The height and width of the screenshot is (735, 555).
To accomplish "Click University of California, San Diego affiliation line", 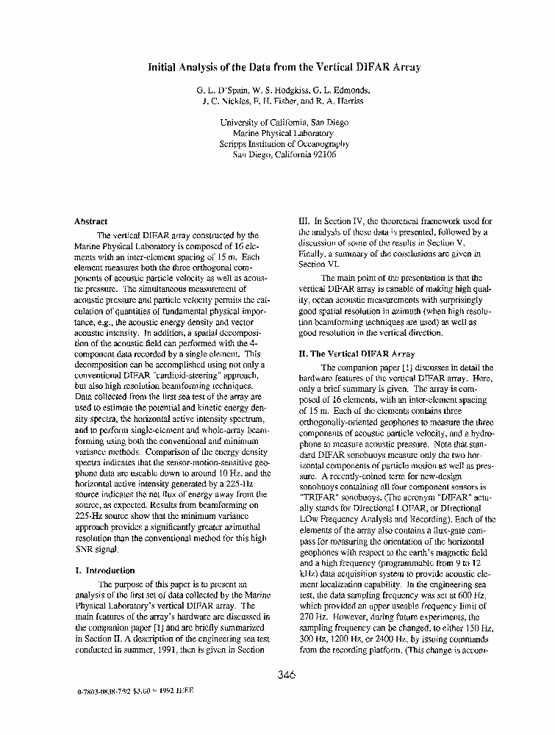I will click(284, 123).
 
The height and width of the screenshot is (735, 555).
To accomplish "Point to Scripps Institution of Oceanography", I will click(284, 144).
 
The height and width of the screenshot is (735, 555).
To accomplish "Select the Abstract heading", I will click(91, 220).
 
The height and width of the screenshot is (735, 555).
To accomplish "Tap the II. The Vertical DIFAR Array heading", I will click(357, 354).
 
